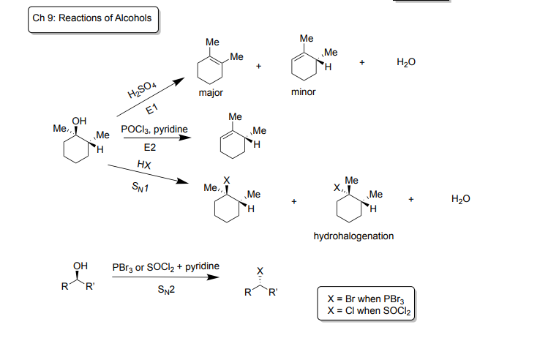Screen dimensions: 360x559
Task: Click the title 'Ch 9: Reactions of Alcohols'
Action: coord(94,18)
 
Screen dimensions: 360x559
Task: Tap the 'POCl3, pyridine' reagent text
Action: coord(154,130)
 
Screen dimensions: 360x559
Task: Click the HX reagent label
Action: coord(144,165)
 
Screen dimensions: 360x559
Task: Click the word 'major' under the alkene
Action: coord(211,94)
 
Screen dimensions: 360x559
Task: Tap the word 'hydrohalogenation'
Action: coord(353,236)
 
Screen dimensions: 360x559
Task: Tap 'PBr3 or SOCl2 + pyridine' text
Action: coord(165,266)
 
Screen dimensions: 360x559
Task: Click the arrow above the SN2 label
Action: coord(165,278)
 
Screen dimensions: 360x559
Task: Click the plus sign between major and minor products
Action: coord(259,67)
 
